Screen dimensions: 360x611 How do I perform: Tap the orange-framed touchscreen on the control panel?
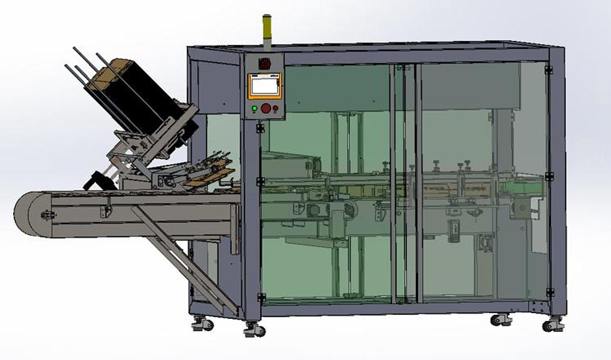pos(264,86)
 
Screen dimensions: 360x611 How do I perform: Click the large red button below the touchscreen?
pos(265,108)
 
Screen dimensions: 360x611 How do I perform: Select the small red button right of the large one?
pos(275,108)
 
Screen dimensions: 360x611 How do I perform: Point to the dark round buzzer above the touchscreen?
pos(264,64)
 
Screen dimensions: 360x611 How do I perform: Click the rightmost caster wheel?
pos(552,324)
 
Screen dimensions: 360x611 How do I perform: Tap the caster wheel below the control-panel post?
pos(254,330)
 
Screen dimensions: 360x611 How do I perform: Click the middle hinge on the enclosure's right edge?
pos(549,176)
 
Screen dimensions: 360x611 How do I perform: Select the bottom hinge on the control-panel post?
pos(261,297)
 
